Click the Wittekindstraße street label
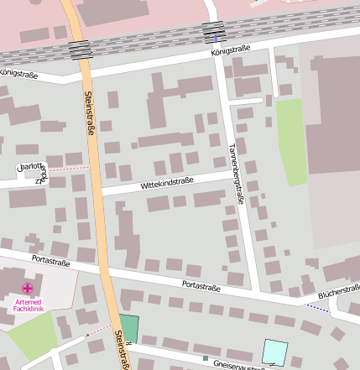pos(167,182)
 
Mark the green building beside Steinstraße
pos(128,328)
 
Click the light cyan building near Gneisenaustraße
pos(274,351)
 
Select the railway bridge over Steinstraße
pos(81,49)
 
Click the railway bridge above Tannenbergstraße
pos(214,32)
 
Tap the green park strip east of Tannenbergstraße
pos(290,140)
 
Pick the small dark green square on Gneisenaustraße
pos(205,358)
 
